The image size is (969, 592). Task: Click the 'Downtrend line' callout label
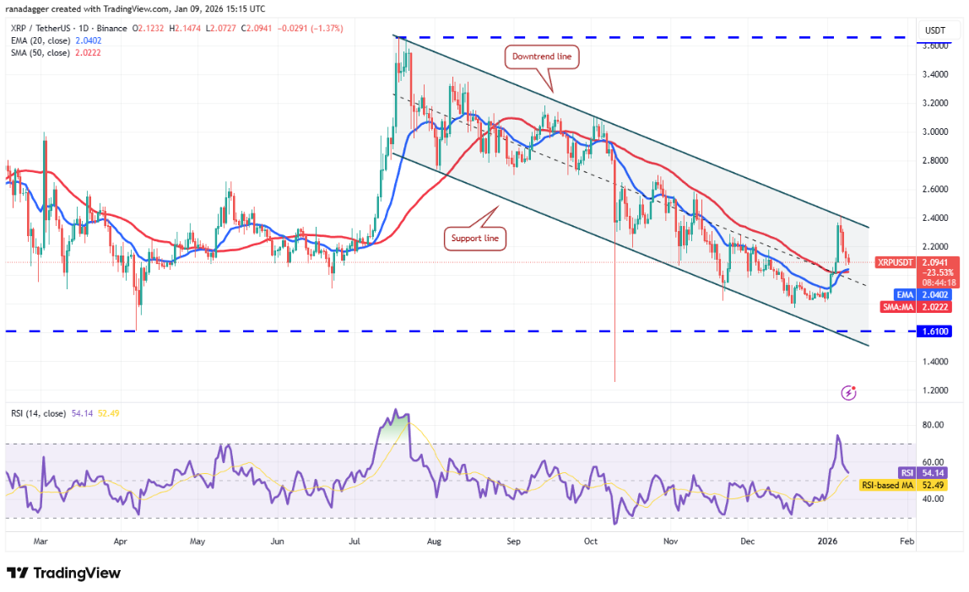(542, 57)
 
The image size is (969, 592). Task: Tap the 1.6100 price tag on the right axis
(935, 331)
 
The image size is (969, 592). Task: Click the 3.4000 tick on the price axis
(934, 74)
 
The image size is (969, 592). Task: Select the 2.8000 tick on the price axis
(934, 160)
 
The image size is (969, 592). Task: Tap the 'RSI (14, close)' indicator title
(39, 412)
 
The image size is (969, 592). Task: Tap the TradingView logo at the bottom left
(64, 573)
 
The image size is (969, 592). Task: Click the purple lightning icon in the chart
(850, 392)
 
